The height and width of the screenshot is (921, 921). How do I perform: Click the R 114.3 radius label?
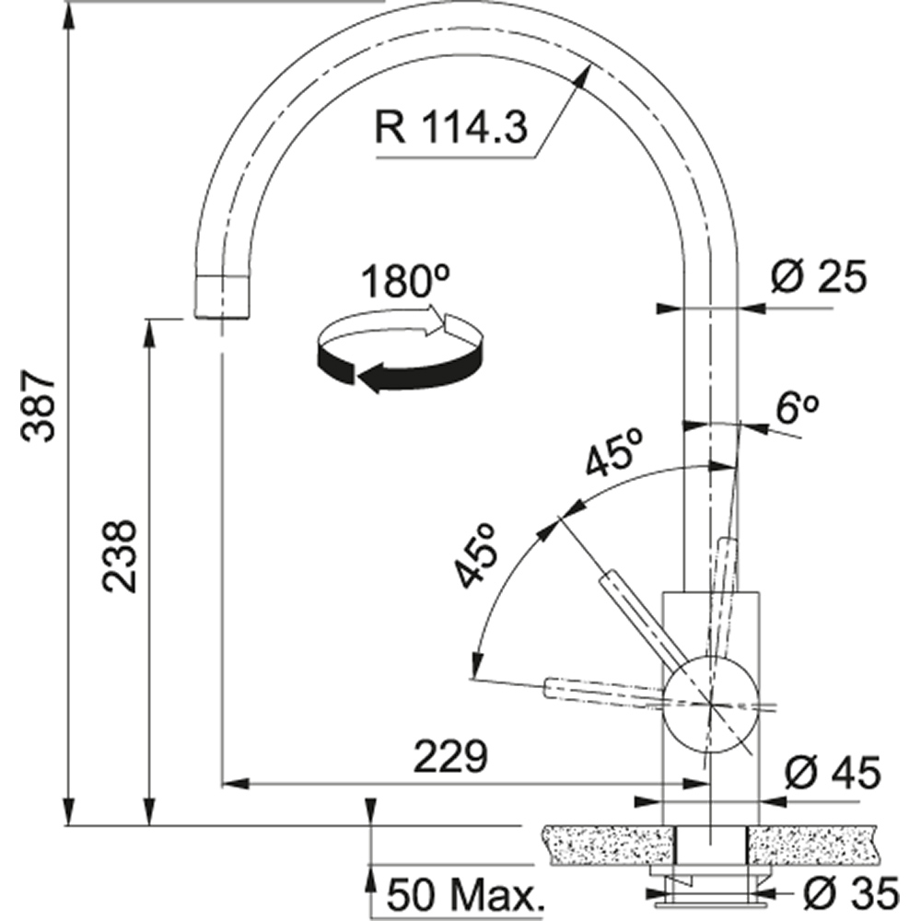point(451,127)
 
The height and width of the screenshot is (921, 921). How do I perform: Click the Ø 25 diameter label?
point(819,276)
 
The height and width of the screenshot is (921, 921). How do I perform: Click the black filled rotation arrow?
point(396,368)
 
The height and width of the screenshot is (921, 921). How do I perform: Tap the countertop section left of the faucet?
point(608,843)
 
